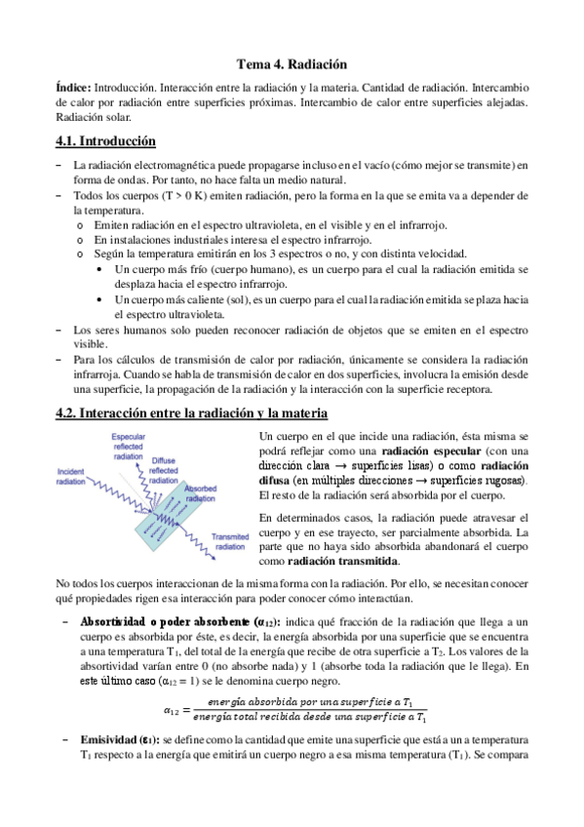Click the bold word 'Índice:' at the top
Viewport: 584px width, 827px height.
(x=74, y=87)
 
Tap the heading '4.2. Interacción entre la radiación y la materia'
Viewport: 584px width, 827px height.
(x=191, y=414)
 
